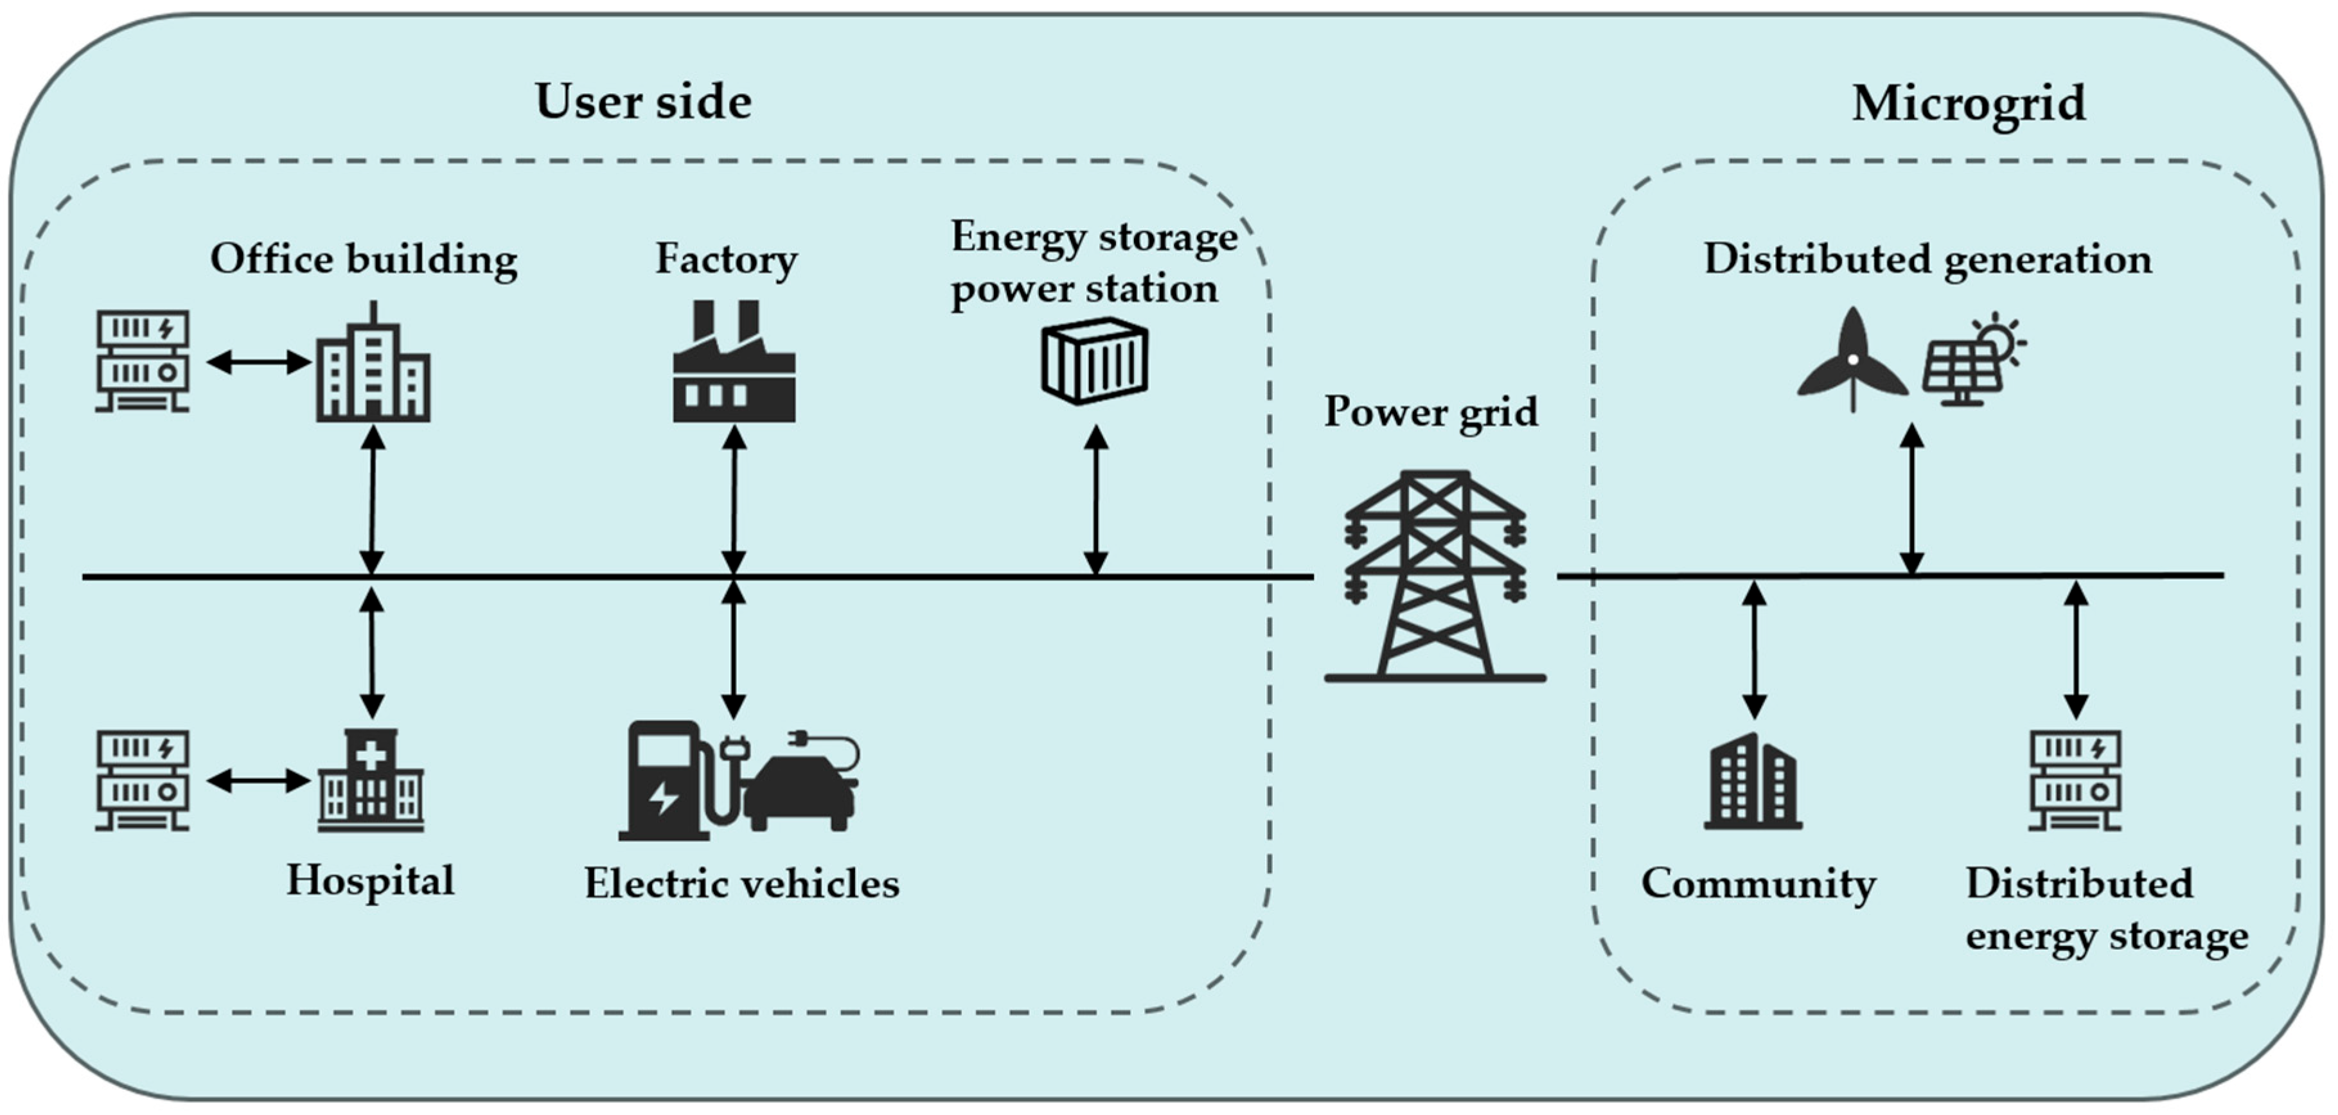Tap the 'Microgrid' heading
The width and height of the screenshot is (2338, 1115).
[1968, 103]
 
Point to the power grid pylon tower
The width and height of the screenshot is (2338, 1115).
[1434, 576]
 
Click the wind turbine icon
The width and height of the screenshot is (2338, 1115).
[1852, 361]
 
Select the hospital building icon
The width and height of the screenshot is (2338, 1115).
[370, 781]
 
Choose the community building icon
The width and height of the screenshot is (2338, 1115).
[1753, 783]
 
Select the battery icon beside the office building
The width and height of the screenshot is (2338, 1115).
[143, 361]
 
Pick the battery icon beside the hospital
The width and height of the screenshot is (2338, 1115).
[143, 781]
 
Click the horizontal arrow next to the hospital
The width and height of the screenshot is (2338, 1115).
[259, 781]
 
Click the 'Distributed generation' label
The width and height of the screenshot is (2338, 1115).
[1927, 259]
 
